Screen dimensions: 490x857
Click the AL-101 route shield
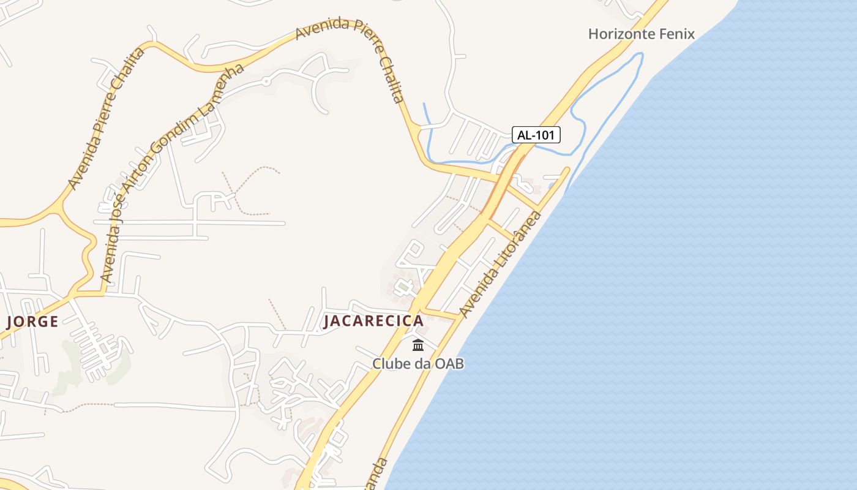click(x=536, y=135)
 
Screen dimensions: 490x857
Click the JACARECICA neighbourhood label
click(x=373, y=321)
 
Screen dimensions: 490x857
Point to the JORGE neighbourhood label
click(x=32, y=321)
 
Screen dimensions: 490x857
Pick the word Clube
click(x=391, y=364)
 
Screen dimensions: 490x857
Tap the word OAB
click(x=449, y=364)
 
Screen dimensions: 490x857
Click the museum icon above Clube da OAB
click(x=418, y=345)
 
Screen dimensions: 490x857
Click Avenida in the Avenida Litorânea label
click(x=477, y=295)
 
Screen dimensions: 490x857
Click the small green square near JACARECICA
click(x=403, y=286)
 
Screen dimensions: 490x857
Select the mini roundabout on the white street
click(x=266, y=81)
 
